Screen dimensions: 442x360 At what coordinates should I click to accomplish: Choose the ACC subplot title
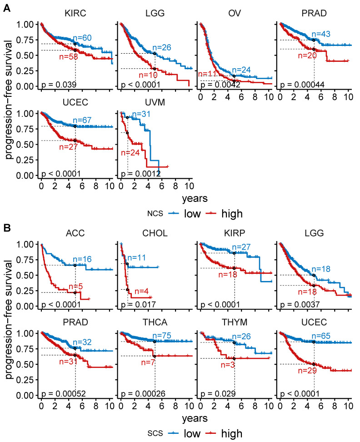coord(75,233)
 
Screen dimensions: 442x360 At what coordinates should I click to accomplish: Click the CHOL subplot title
coord(155,233)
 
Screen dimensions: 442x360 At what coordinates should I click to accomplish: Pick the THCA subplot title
coord(155,322)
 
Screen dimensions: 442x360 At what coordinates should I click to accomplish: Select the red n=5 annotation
coord(75,286)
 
